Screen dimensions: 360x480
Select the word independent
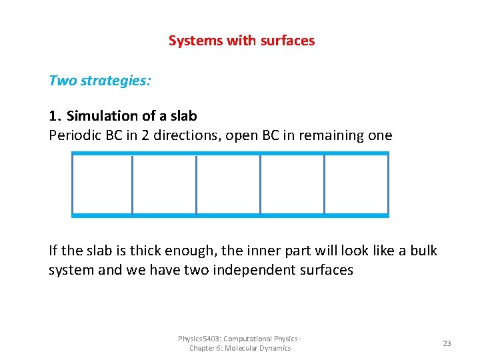(244, 270)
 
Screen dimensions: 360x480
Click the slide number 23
(447, 343)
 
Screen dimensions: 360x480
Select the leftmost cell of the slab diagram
(102, 185)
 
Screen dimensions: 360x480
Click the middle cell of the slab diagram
(228, 185)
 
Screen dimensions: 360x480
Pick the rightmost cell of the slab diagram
(356, 185)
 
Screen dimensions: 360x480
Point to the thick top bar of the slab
(230, 153)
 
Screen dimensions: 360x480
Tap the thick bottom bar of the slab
(230, 215)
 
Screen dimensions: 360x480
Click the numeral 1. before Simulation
(55, 116)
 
